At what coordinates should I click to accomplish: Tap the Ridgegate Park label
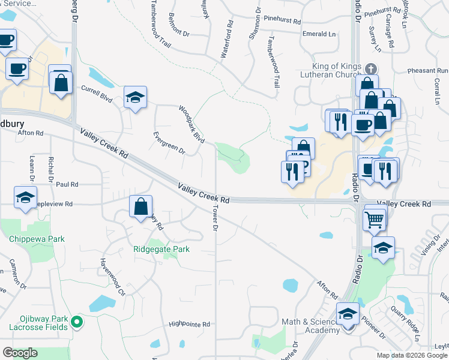(x=161, y=249)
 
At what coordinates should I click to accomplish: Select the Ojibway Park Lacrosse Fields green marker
(x=76, y=322)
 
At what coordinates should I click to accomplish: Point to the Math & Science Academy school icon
(x=348, y=314)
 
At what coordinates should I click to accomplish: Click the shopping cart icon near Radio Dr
(x=374, y=220)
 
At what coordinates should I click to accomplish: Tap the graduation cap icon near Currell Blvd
(x=135, y=97)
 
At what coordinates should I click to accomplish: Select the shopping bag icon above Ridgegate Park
(x=140, y=208)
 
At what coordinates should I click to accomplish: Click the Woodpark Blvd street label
(x=191, y=125)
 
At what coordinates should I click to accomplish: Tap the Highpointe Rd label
(x=190, y=324)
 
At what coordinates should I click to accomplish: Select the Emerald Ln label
(x=319, y=34)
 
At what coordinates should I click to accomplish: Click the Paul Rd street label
(x=67, y=185)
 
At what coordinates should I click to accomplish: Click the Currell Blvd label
(x=97, y=93)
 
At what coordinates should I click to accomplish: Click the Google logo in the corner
(x=20, y=353)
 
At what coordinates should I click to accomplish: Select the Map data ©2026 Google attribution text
(x=412, y=355)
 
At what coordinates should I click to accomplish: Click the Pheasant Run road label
(x=427, y=71)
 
